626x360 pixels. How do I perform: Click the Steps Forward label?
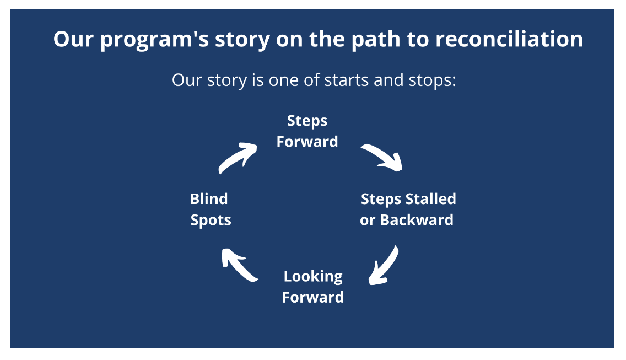307,131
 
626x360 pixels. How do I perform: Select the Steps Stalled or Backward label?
408,209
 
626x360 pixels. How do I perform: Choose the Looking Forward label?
312,287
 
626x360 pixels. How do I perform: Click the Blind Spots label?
210,209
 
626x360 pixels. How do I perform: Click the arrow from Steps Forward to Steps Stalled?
382,157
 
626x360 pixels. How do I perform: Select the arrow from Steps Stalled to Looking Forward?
384,265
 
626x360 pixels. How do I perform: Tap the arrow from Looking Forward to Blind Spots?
239,264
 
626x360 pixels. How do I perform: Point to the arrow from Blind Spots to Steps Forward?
238,157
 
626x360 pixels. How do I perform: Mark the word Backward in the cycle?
417,220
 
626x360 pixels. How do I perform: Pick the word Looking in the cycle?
313,276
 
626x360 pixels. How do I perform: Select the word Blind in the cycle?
209,198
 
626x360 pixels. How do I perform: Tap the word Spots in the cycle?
211,221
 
